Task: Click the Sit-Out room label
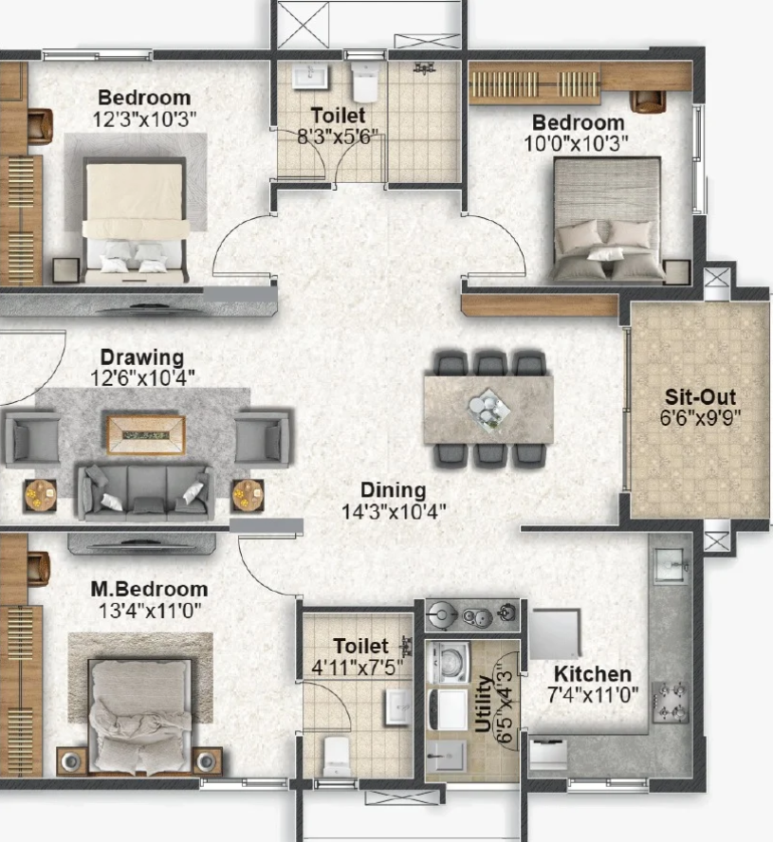point(700,397)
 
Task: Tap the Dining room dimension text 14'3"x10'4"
point(394,512)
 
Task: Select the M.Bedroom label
point(149,589)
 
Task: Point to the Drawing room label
point(142,357)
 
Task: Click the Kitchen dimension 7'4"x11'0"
point(593,695)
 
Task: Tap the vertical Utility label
point(484,704)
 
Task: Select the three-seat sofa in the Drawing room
point(144,491)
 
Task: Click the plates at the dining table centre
point(488,411)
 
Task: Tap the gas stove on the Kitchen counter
point(670,703)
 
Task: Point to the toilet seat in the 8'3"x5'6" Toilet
point(365,82)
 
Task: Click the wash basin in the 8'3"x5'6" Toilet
point(309,76)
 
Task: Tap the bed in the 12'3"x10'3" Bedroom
point(135,220)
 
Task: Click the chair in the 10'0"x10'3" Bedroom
point(647,101)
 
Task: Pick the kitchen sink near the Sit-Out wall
point(671,565)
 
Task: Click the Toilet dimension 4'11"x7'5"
point(358,668)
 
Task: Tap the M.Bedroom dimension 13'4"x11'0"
point(149,611)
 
